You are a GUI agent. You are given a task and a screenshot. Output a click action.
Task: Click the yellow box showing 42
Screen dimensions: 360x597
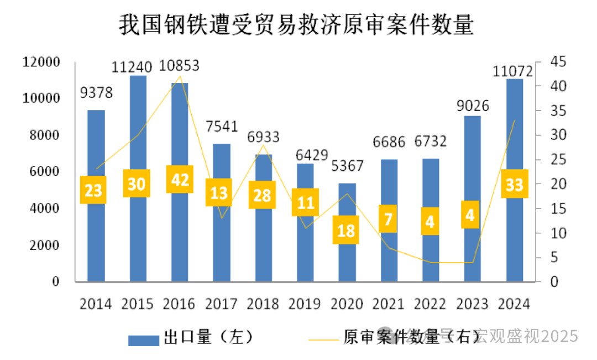point(180,179)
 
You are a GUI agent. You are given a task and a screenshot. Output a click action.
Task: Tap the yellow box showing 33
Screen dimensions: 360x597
point(515,184)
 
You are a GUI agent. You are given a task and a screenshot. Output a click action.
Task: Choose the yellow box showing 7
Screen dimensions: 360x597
point(389,219)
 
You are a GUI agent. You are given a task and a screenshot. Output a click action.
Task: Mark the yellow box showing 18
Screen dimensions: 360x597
point(346,229)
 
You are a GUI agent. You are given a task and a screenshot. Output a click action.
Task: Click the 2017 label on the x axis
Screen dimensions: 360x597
point(222,304)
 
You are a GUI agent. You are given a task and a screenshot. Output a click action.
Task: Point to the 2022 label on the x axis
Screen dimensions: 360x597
point(431,304)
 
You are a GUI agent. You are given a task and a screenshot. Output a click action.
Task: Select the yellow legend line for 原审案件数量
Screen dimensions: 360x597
point(320,338)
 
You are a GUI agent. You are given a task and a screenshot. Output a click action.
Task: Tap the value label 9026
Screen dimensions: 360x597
point(473,105)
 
